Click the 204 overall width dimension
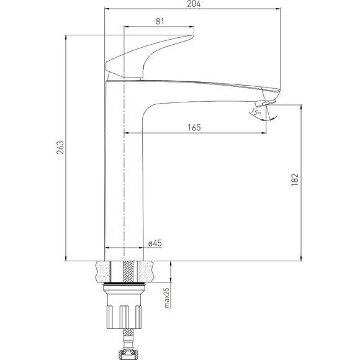194,4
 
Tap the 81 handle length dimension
160,21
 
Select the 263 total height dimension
60,147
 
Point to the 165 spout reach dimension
194,127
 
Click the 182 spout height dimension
295,179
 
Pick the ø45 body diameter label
155,243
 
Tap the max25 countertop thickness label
167,298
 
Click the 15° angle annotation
256,112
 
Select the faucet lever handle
149,56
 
